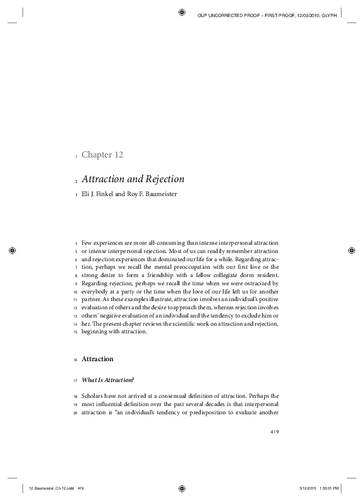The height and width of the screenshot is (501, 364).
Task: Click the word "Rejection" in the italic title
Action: click(157, 179)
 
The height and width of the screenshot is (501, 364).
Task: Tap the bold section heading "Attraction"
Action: click(98, 359)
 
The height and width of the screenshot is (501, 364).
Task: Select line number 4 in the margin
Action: click(76, 244)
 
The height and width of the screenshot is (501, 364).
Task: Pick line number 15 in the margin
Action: click(75, 333)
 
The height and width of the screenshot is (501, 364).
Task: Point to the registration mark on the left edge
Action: click(11, 250)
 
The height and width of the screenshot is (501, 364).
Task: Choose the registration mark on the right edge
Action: click(352, 250)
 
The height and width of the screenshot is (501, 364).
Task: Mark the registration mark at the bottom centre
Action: click(182, 488)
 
